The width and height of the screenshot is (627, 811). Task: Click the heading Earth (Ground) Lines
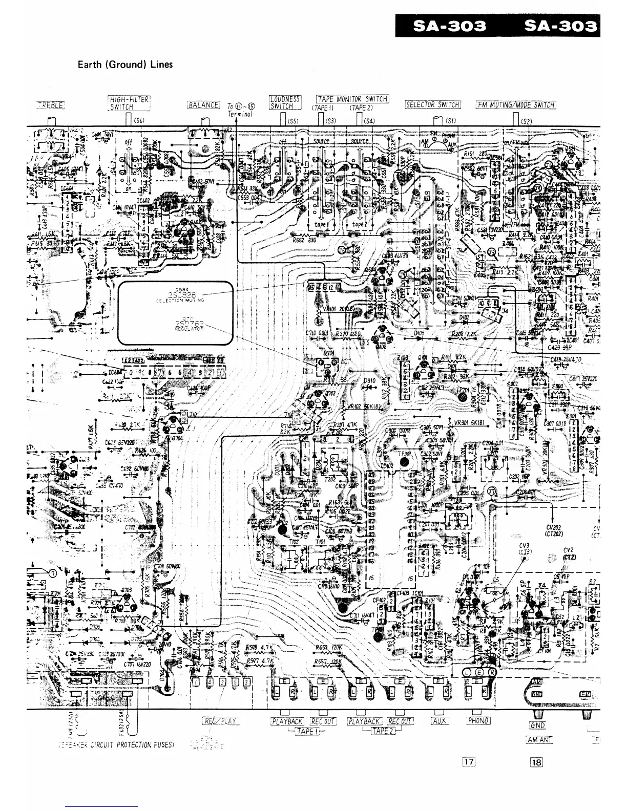pos(124,65)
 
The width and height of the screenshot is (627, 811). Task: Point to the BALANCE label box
pos(203,105)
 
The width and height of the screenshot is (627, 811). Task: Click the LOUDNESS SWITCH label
pos(284,102)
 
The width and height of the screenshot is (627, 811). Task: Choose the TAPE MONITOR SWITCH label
pos(352,99)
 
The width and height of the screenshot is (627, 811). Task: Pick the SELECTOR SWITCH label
pos(433,105)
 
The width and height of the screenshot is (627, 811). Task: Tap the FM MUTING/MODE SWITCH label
pos(515,105)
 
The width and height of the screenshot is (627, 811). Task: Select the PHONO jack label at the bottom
pos(478,721)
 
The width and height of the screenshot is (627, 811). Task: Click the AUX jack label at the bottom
pos(439,721)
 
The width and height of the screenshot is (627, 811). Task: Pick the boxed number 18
pos(536,761)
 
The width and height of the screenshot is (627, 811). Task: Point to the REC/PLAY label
pos(221,721)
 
